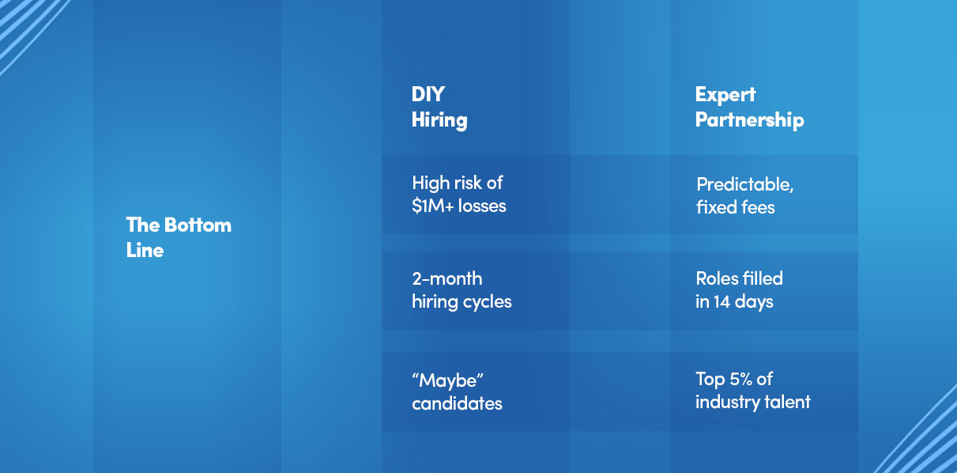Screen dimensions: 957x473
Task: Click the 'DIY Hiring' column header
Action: (x=439, y=107)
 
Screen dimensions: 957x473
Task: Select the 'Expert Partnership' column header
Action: (x=749, y=107)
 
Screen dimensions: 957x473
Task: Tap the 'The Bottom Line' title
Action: (x=179, y=237)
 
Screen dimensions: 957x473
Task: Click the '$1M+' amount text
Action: (x=432, y=206)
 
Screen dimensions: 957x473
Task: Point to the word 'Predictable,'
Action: (x=744, y=185)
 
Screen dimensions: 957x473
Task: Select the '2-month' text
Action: (x=446, y=279)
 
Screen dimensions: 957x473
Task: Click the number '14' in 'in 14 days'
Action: (x=722, y=302)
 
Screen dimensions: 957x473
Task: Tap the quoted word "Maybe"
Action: (x=447, y=380)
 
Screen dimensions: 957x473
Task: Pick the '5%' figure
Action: (x=740, y=379)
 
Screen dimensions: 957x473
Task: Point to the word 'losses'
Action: (x=482, y=206)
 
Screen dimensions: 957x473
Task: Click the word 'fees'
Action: (x=758, y=207)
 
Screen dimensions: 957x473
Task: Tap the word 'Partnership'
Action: (x=749, y=119)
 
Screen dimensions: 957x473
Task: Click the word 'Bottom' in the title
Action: (x=198, y=225)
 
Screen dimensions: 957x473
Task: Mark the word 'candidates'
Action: (x=457, y=403)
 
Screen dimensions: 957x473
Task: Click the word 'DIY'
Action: (x=428, y=94)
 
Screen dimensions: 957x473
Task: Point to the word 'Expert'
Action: (x=725, y=95)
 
